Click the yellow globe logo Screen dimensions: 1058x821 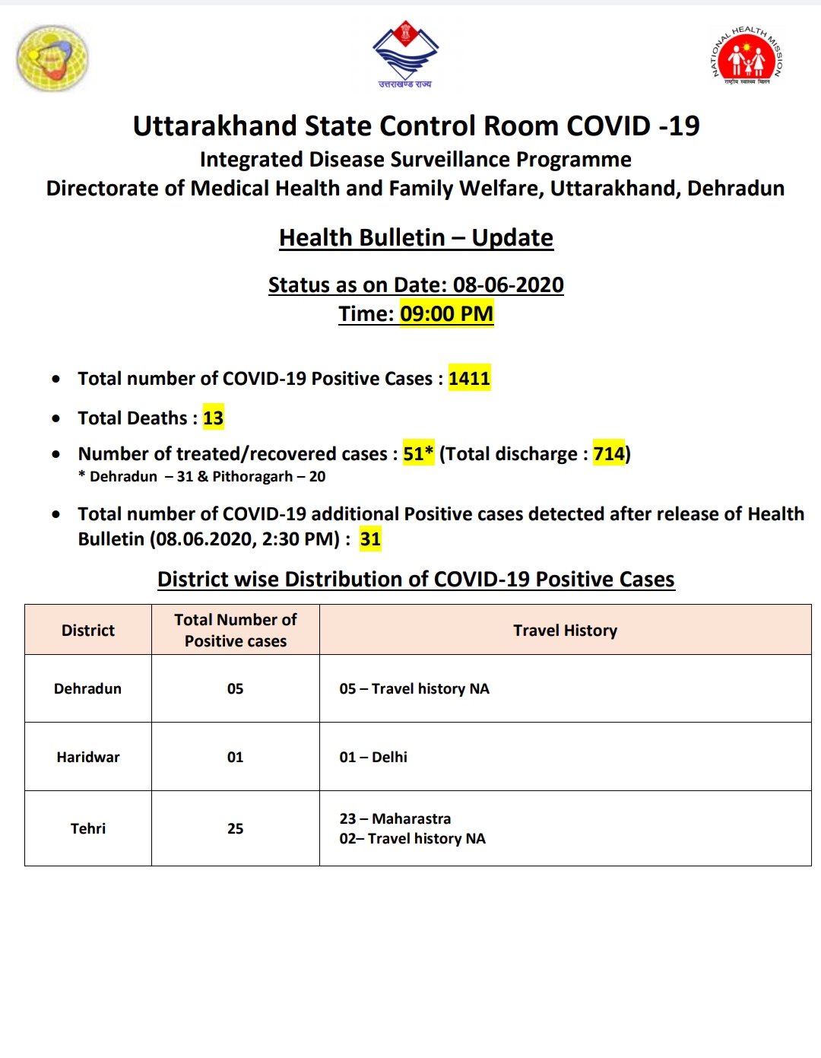(52, 58)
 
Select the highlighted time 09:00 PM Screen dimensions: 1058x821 (446, 313)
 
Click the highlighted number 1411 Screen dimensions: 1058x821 (469, 378)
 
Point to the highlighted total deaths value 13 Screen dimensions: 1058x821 (213, 418)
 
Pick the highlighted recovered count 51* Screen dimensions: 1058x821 (418, 453)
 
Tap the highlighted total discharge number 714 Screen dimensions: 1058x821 (608, 453)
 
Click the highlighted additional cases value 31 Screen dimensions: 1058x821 (370, 539)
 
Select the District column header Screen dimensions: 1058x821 (88, 630)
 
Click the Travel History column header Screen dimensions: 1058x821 (565, 630)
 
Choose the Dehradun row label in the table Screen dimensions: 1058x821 (87, 688)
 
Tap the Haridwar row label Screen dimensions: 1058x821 (88, 757)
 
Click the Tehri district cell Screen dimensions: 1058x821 (88, 828)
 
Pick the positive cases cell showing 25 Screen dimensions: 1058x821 (235, 828)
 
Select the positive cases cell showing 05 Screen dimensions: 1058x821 (235, 688)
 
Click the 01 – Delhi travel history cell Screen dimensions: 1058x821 (373, 757)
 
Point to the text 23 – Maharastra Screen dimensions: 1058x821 (395, 818)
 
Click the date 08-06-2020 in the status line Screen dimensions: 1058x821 (508, 284)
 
